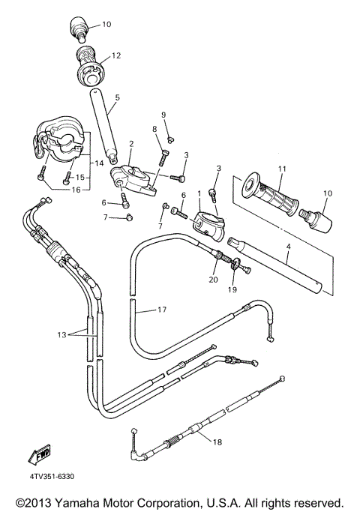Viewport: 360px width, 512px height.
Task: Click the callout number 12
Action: point(116,55)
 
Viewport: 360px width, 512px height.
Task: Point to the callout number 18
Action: point(217,443)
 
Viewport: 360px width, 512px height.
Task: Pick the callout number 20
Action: point(214,279)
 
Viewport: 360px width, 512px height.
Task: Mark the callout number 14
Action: point(98,162)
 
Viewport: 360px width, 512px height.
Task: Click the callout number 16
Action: point(98,190)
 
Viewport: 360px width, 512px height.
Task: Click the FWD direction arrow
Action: point(38,455)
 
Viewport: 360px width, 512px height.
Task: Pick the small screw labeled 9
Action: point(171,139)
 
